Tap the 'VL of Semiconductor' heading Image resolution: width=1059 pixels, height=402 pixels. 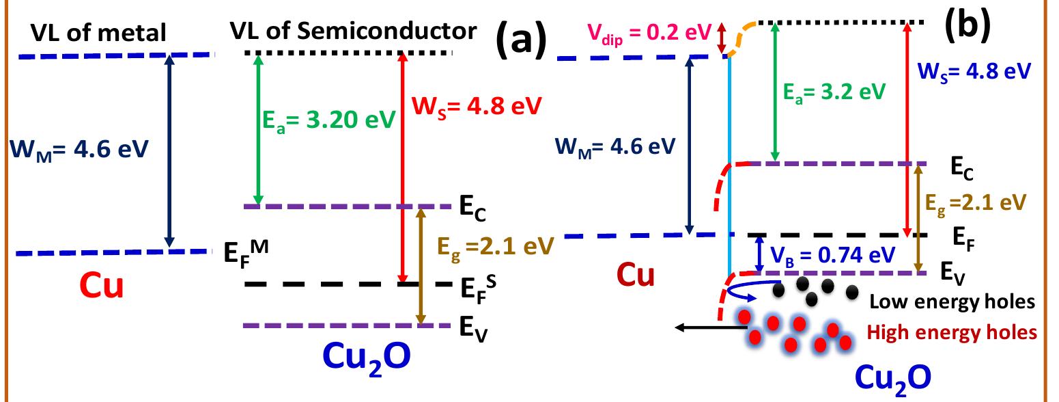352,31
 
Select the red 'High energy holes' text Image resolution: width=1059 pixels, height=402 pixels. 952,332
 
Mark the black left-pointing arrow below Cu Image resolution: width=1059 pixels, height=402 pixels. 710,329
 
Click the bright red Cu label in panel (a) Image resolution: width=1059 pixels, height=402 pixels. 103,286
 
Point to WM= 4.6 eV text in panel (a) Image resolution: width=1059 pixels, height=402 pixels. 79,149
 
